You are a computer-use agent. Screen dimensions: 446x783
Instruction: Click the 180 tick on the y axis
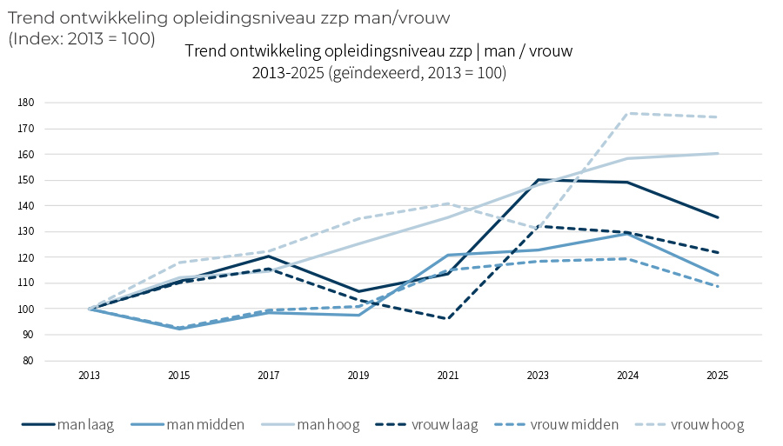click(25, 103)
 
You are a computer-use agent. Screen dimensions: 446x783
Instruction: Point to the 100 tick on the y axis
click(25, 310)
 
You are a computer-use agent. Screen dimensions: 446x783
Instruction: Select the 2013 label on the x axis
click(89, 376)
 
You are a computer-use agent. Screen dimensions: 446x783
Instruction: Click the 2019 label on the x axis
click(358, 376)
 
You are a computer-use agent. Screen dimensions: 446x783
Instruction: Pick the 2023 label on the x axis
click(538, 376)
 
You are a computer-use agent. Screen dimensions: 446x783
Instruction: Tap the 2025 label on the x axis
click(718, 376)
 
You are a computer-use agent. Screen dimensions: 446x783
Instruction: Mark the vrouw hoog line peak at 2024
click(628, 113)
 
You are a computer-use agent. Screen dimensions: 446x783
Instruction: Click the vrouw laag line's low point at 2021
click(448, 319)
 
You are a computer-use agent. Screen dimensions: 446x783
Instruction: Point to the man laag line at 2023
click(538, 180)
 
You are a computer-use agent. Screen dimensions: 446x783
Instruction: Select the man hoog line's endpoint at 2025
click(718, 154)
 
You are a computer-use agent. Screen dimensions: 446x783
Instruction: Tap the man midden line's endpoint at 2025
click(718, 276)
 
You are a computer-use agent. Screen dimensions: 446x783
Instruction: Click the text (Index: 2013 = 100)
click(82, 38)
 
